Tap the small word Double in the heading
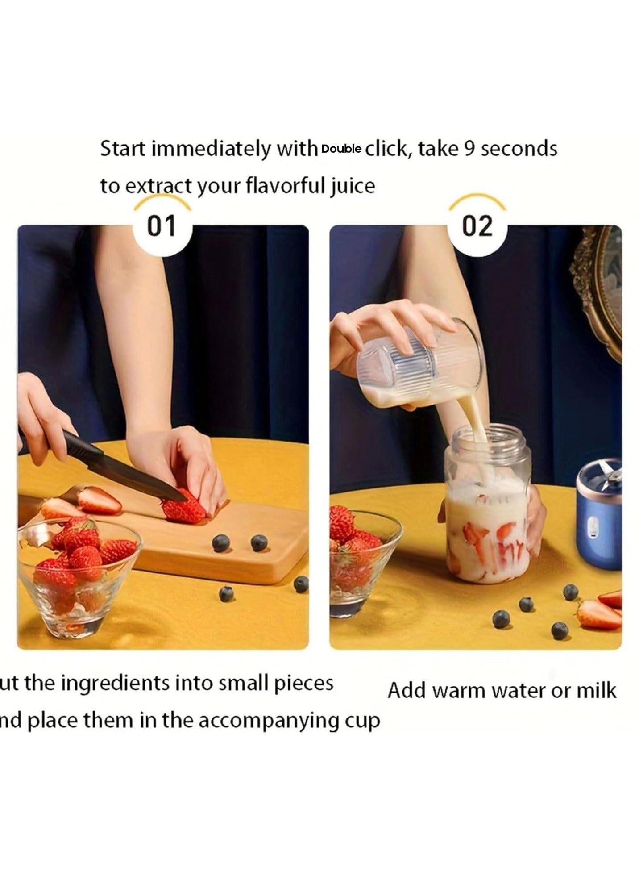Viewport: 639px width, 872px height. [x=341, y=149]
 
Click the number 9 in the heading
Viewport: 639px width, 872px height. [x=469, y=149]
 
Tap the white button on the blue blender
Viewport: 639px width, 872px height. [x=592, y=527]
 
